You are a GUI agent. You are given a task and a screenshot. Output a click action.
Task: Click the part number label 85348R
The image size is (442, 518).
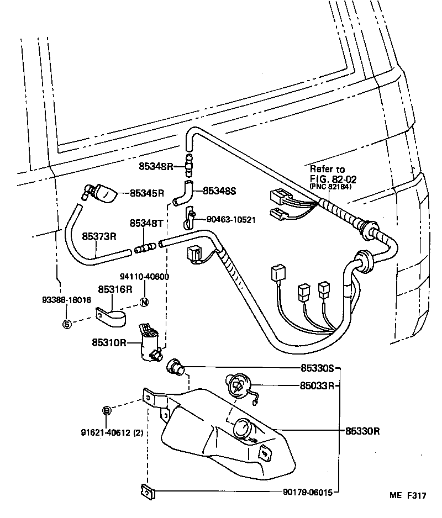[x=156, y=166]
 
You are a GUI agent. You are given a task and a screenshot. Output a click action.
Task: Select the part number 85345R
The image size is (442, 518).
[x=147, y=193]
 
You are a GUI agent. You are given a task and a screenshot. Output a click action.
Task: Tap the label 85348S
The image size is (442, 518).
[x=219, y=191]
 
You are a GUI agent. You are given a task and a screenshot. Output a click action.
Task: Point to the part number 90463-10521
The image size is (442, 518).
[x=231, y=220]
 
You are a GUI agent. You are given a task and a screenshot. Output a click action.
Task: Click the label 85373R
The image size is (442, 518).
[x=99, y=236]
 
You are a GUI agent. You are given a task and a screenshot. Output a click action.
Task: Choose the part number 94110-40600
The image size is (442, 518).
[x=144, y=277]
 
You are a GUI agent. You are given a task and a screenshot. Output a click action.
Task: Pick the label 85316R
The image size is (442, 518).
[x=115, y=289]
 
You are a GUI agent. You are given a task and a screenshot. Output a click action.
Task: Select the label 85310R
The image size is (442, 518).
[x=109, y=342]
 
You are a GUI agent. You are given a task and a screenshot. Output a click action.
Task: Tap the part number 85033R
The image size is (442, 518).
[x=317, y=385]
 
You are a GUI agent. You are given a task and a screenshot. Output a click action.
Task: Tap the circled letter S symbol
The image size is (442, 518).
[x=67, y=324]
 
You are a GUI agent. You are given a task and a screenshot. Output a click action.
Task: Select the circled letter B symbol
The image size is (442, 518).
[x=107, y=410]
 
